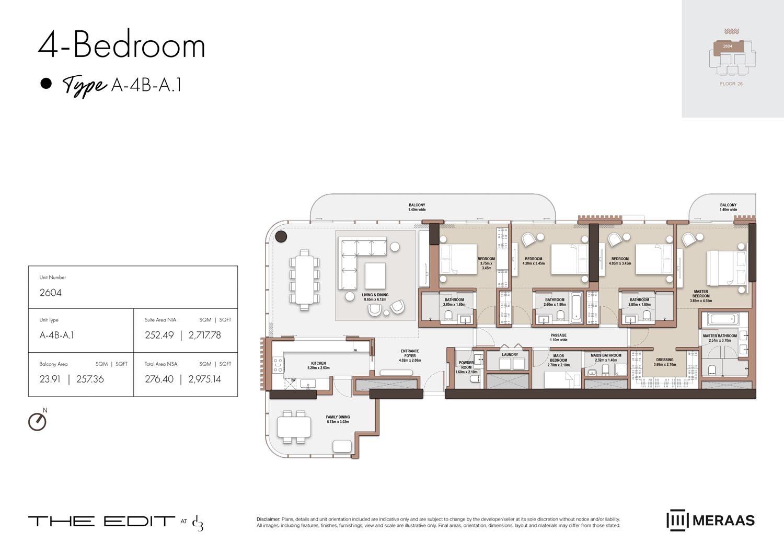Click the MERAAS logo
(x=710, y=521)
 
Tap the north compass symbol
(x=37, y=421)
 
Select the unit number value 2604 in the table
(x=51, y=293)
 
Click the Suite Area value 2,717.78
(x=204, y=335)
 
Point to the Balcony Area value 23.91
(x=50, y=379)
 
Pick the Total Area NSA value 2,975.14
(x=204, y=379)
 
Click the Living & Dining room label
(x=375, y=297)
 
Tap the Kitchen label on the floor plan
(x=318, y=365)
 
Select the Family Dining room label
(x=338, y=419)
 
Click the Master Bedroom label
(x=701, y=296)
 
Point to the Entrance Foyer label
(x=410, y=355)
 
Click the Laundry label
(x=510, y=354)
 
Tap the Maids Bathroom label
(x=606, y=357)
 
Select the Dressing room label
(x=665, y=362)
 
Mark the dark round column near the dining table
(x=281, y=237)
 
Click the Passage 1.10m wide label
(x=558, y=338)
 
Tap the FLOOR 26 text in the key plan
(x=731, y=84)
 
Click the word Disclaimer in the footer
(x=268, y=519)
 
